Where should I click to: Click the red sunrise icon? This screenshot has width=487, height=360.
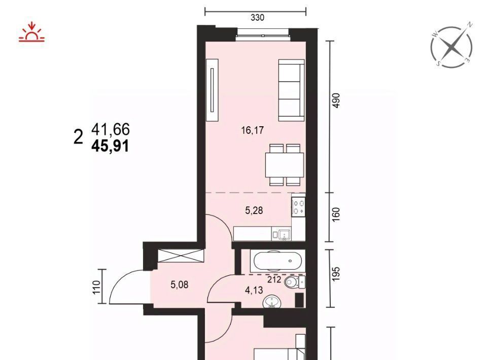point(31,31)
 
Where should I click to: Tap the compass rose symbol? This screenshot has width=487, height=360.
point(452,47)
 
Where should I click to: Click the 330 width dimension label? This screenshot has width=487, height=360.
point(258,18)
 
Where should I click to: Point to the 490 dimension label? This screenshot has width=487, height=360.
point(336,100)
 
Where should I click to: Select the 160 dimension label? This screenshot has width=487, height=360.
point(336,214)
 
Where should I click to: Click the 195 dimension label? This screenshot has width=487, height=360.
point(336,274)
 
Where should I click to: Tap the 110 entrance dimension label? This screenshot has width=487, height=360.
point(96,287)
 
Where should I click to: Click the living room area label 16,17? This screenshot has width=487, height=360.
point(253,130)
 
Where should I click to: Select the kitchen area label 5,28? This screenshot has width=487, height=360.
point(254,210)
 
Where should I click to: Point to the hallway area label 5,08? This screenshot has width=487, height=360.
point(180,284)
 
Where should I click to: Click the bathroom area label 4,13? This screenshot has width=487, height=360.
point(254,290)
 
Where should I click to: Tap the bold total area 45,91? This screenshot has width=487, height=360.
point(110,146)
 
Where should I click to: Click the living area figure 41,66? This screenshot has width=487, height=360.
point(111,129)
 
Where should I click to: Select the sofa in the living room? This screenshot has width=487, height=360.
point(291,90)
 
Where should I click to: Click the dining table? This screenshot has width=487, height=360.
point(284,165)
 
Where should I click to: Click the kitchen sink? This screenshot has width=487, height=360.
point(285,234)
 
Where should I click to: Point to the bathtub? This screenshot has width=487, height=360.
point(277,261)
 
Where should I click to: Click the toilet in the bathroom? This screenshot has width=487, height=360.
point(294,282)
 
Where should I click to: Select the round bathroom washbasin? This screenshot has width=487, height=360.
point(272,302)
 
